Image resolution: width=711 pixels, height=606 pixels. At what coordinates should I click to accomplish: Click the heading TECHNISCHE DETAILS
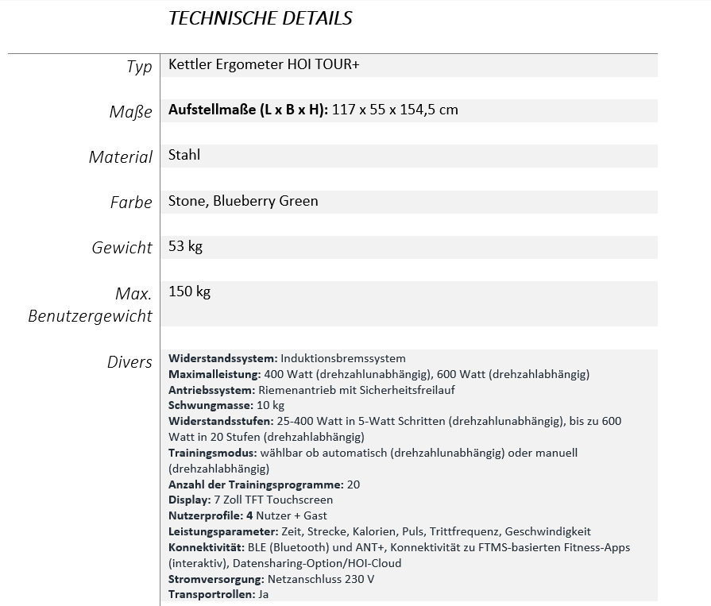pos(260,18)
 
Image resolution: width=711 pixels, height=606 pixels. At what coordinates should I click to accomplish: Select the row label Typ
pos(139,67)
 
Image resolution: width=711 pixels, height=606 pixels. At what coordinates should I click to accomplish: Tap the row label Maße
pos(130,112)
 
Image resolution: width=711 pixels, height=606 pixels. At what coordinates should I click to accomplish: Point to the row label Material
pos(121,157)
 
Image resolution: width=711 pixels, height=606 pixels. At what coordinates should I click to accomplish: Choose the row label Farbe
pos(131,203)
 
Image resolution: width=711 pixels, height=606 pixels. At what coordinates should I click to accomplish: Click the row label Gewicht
pos(122,248)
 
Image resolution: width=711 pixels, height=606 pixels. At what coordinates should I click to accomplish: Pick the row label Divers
pos(129,362)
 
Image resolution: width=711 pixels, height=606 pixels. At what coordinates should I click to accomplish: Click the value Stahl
pos(184,155)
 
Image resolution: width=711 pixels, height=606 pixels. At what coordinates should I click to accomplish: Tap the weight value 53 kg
pos(185,246)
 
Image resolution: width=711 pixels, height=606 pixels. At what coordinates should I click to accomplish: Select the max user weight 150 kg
pos(189,291)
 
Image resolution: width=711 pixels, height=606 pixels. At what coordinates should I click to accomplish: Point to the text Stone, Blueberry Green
pos(243,201)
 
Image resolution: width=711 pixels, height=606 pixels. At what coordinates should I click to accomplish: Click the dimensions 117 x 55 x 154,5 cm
pos(395,110)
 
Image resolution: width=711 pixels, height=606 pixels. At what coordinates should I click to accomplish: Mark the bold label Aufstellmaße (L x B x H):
pos(248,110)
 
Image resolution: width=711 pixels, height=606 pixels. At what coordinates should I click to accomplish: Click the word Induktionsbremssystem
pos(343,358)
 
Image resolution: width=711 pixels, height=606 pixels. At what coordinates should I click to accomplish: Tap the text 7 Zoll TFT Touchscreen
pos(273,500)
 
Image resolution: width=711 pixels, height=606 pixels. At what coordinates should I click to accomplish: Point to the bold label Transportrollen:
pos(211,594)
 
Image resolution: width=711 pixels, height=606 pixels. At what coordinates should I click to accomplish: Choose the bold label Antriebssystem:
pos(211,390)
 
